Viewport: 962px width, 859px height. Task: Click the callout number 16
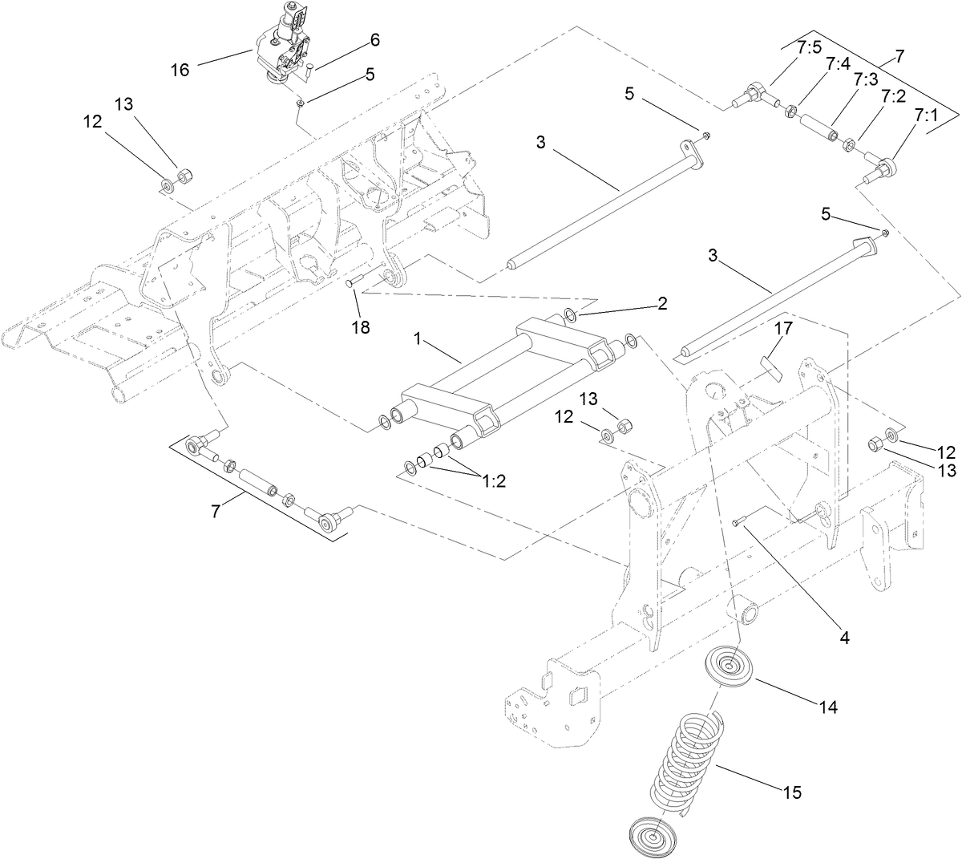point(180,71)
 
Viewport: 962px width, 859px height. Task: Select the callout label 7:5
point(809,47)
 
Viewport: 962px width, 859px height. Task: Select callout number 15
point(792,792)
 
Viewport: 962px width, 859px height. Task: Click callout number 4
point(843,638)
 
